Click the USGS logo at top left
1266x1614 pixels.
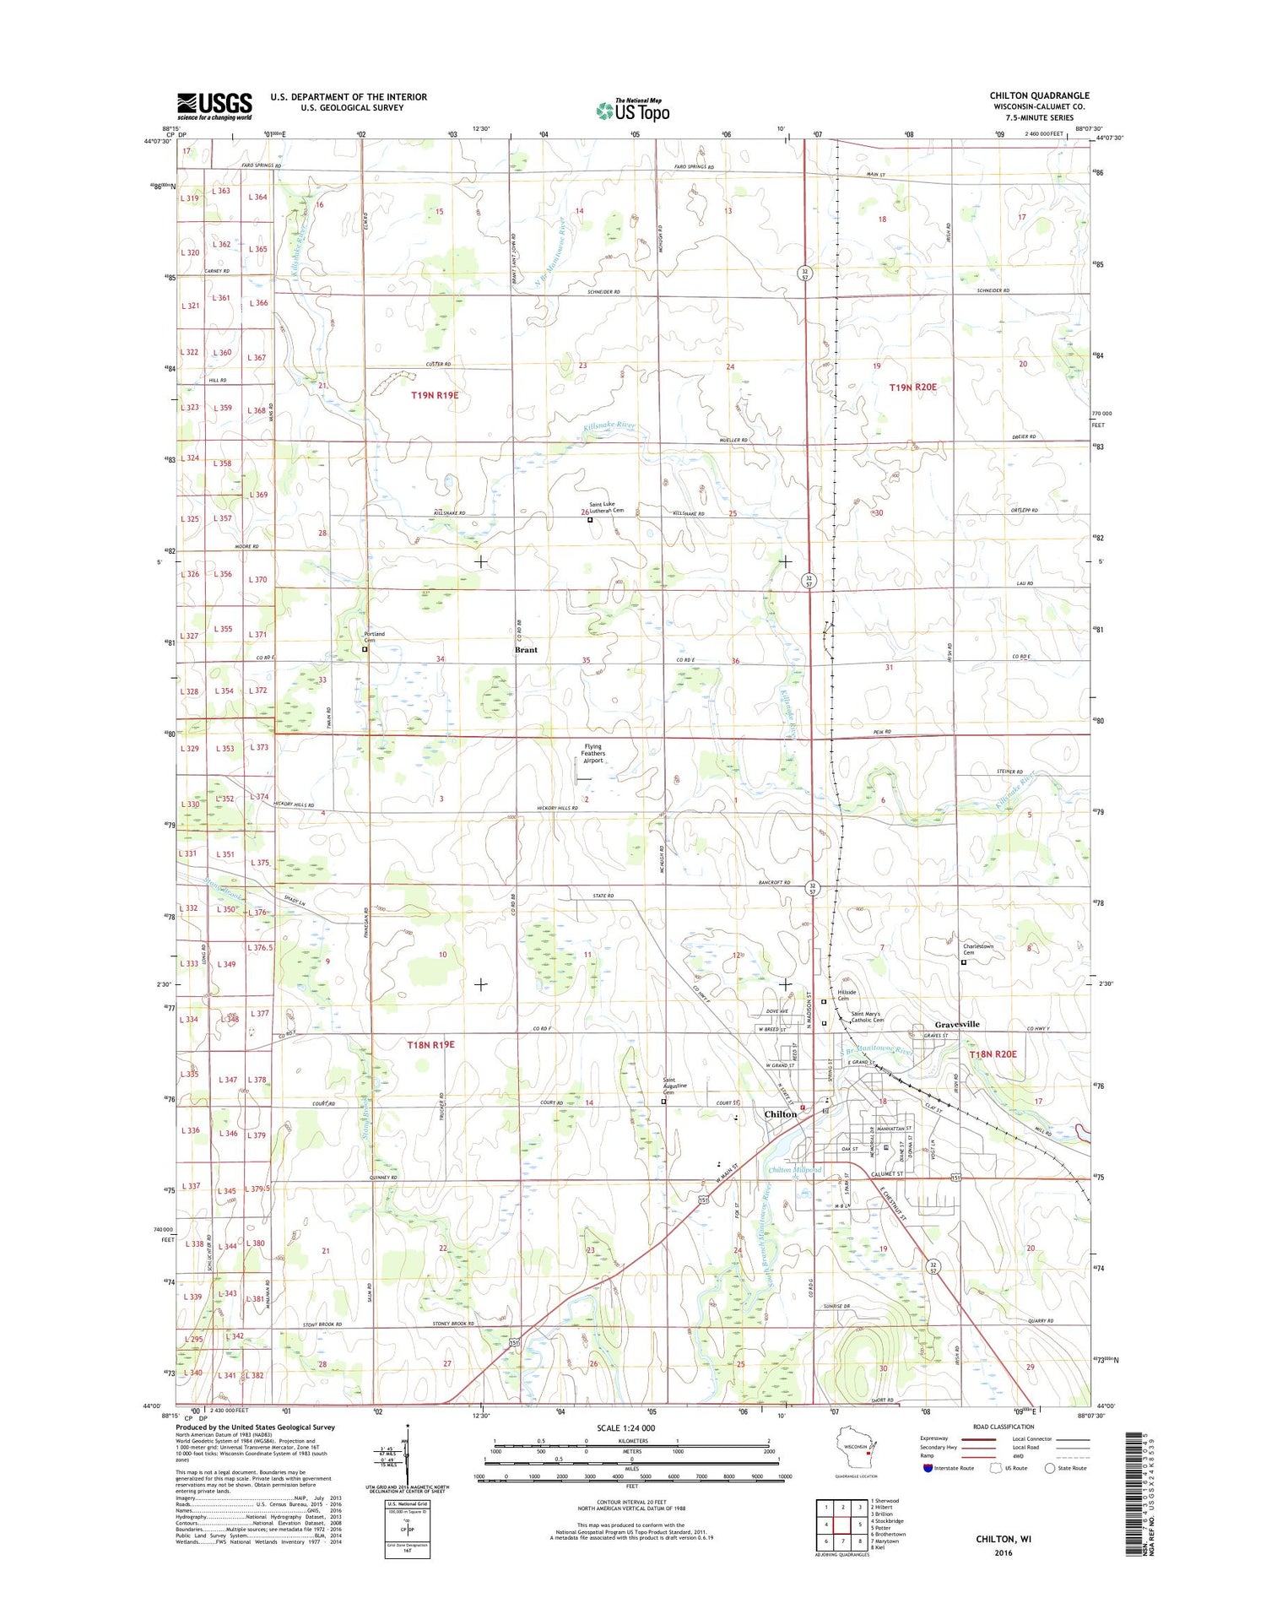click(214, 106)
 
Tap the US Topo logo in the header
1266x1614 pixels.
click(633, 110)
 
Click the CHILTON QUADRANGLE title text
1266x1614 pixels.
click(1039, 95)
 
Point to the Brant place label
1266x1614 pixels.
click(526, 650)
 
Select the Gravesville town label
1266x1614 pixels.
click(956, 1024)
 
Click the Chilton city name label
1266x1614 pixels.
click(780, 1114)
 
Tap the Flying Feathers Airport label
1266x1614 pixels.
click(593, 753)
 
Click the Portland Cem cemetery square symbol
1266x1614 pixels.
click(365, 650)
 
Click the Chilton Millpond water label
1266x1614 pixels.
click(794, 1171)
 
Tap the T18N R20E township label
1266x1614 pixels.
click(993, 1054)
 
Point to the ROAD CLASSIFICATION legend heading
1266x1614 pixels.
click(1004, 1426)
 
